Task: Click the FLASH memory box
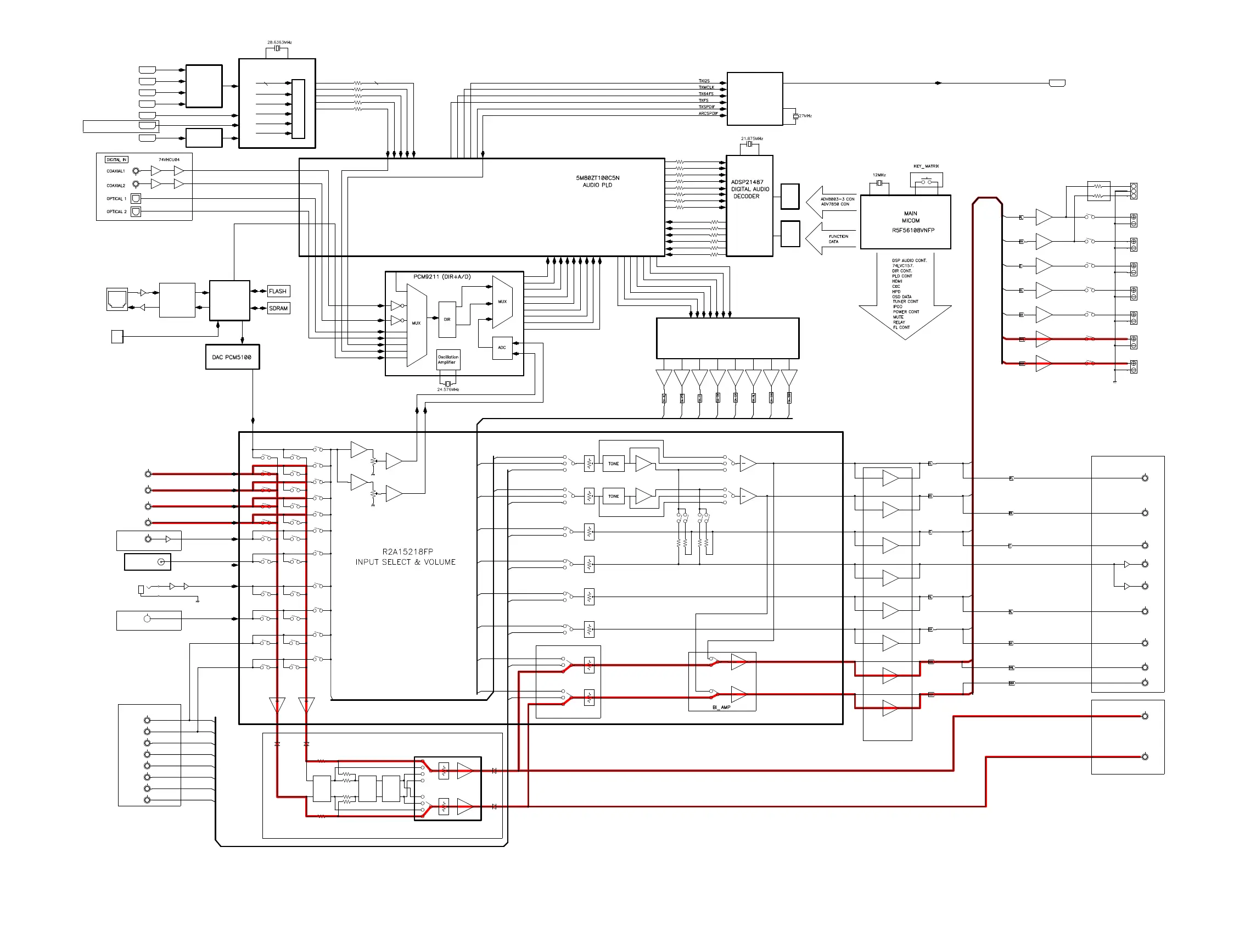point(278,291)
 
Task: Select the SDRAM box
point(278,308)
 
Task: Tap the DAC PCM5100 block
point(232,357)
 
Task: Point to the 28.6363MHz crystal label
point(279,42)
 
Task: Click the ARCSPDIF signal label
point(708,114)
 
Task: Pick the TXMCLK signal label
point(706,87)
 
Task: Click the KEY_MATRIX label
point(926,166)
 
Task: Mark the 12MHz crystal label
point(879,175)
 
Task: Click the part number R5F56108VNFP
point(913,230)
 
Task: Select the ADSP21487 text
point(747,182)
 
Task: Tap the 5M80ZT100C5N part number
point(598,178)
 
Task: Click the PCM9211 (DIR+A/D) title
point(442,277)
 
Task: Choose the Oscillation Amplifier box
point(447,359)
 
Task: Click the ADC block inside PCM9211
point(502,348)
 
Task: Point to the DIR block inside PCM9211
point(447,320)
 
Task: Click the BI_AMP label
point(721,707)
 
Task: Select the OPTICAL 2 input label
point(116,211)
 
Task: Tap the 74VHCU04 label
point(169,160)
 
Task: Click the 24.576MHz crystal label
point(448,389)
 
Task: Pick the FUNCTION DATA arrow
point(831,239)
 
